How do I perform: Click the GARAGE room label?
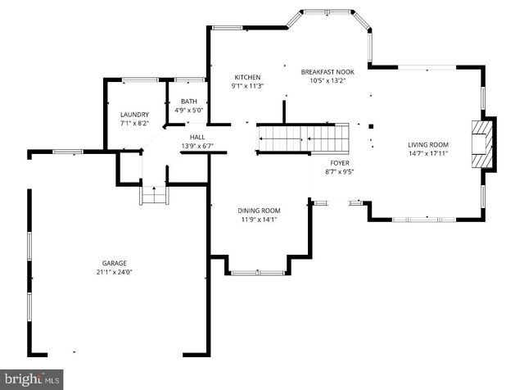pos(114,263)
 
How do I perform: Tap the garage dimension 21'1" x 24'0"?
pos(114,272)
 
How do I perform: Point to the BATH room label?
pos(189,101)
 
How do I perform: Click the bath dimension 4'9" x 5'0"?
pos(189,110)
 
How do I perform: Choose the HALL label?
pos(197,137)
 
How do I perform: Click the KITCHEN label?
pos(246,77)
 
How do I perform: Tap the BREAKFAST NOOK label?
pos(327,71)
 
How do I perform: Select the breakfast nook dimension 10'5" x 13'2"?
pos(327,80)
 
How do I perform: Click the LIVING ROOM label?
pos(429,144)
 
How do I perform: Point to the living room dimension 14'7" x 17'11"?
pos(429,153)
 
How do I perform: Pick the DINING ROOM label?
pos(259,211)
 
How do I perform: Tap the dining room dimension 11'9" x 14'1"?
pos(259,220)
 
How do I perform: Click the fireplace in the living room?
pos(484,143)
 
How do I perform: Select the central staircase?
pos(303,138)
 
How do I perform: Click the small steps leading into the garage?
pos(154,196)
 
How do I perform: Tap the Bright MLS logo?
pos(33,379)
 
